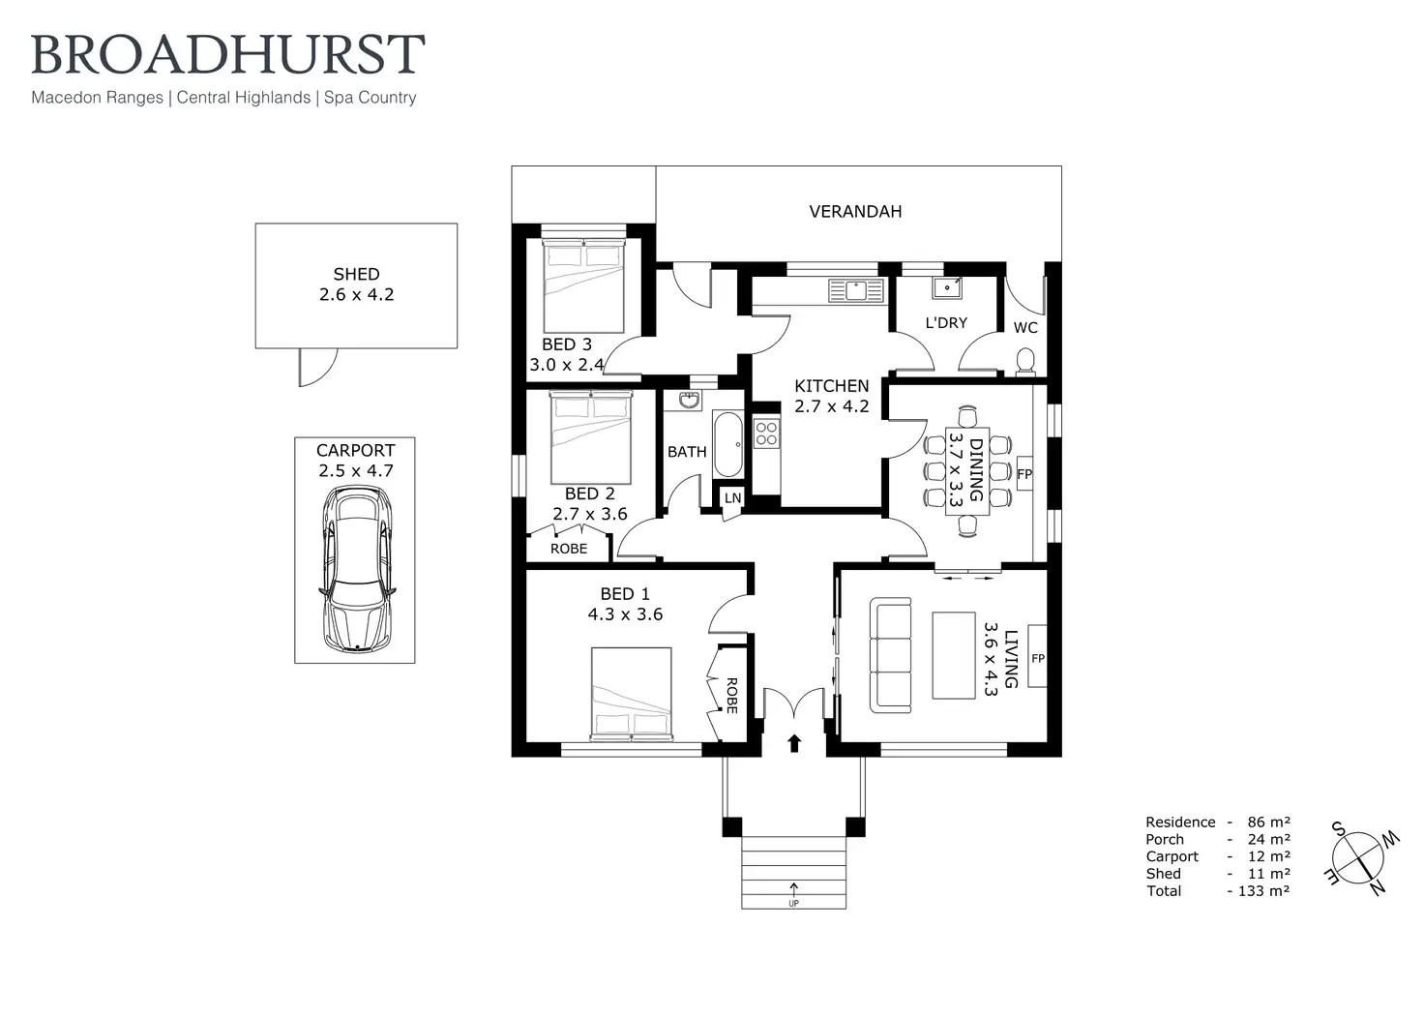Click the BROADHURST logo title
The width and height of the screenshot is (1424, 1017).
228,55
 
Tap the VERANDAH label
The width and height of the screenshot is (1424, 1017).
855,211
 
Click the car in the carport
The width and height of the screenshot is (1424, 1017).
356,568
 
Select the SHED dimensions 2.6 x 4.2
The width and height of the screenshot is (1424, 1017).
356,295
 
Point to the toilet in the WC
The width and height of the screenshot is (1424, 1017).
1025,361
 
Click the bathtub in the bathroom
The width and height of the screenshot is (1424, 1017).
728,445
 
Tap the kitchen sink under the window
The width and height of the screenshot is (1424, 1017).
856,289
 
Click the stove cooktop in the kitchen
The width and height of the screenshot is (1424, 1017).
766,433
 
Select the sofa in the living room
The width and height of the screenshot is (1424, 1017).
890,655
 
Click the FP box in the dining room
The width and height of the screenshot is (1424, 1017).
1024,474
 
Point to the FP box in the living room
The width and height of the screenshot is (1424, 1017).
1037,658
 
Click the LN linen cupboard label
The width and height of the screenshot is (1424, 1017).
732,498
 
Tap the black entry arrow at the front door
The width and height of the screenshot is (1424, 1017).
794,742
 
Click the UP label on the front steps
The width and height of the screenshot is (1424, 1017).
793,903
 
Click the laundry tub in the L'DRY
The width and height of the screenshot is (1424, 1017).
947,287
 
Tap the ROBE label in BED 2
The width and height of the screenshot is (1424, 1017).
569,549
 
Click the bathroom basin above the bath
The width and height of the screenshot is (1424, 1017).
690,402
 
